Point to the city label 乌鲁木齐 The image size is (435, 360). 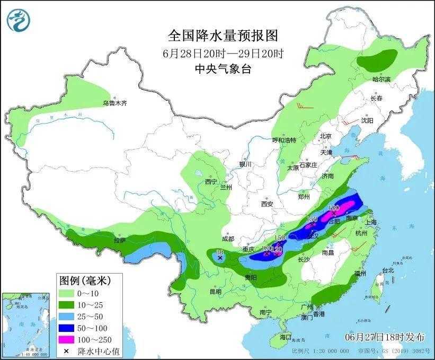[115, 103]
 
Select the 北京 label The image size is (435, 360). [325, 136]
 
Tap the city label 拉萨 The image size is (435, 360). [120, 240]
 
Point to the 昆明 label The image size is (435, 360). [215, 292]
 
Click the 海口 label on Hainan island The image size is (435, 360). [286, 337]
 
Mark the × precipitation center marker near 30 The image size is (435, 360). [220, 258]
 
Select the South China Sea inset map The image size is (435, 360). [24, 324]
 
